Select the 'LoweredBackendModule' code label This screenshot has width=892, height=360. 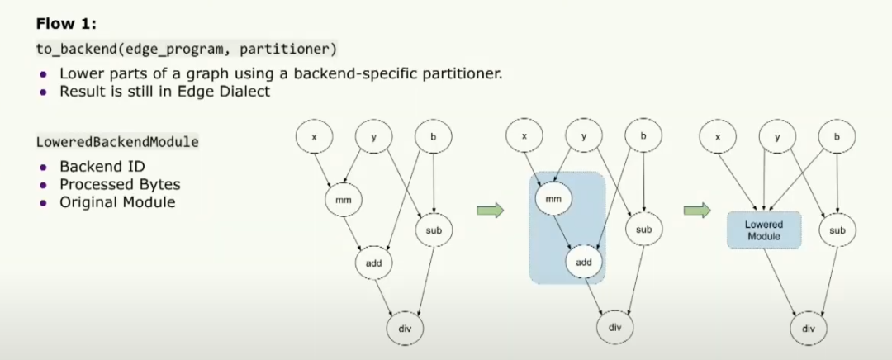117,141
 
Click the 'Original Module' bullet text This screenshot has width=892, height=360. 117,201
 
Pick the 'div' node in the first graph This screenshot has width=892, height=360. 405,328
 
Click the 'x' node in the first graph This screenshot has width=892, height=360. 315,136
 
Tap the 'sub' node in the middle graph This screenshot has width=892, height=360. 643,229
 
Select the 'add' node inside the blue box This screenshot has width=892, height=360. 584,262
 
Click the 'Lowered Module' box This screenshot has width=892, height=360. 763,230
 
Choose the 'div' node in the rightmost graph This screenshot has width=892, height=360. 808,328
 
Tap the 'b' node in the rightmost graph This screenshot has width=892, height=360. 837,136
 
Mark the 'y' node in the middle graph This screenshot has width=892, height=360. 584,136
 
